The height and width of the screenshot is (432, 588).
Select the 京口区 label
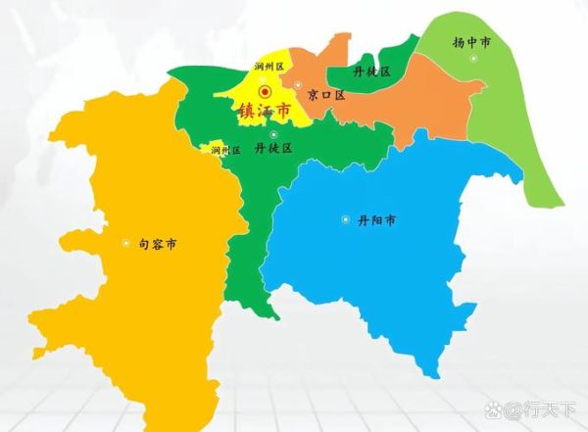point(326,95)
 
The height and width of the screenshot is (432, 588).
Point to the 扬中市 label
point(471,42)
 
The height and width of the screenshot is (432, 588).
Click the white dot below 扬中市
point(473,59)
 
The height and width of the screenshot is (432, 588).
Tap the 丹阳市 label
point(376,220)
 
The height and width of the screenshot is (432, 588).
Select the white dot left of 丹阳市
point(345,219)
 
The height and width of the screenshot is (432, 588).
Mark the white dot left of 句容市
point(125,243)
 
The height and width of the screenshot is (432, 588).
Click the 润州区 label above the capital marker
point(268,68)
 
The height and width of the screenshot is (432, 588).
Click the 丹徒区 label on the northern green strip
point(371,72)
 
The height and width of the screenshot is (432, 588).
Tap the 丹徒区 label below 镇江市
point(273,149)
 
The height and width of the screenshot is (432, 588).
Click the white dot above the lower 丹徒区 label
point(273,134)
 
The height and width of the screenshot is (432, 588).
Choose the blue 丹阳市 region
point(392,264)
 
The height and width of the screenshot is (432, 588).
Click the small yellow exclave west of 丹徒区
point(209,150)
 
